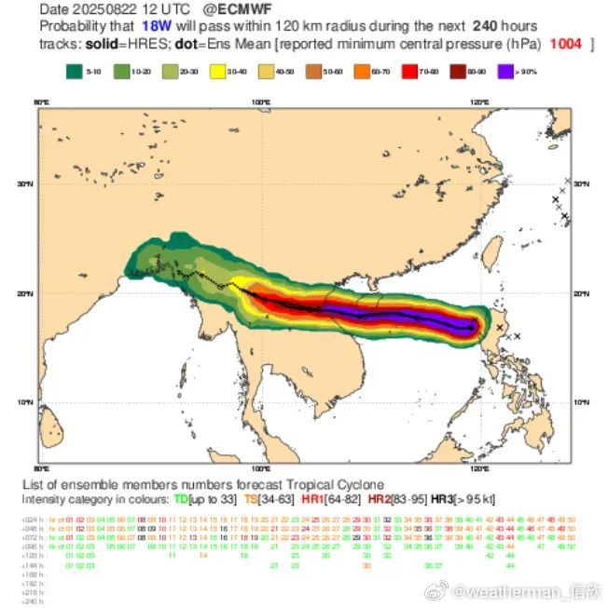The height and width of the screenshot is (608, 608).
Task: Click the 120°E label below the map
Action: tap(480, 469)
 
